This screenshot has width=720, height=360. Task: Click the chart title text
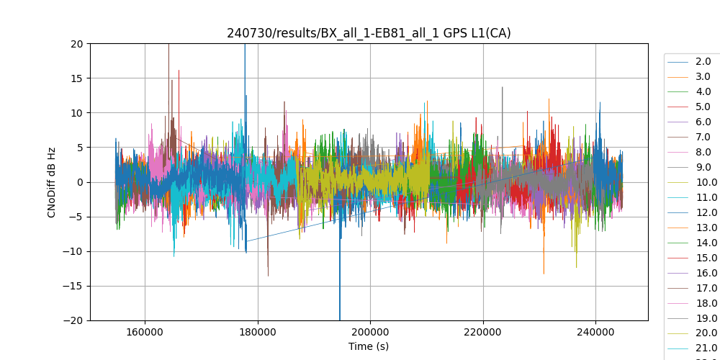(369, 33)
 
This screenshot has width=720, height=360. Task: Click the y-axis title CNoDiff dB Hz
(52, 182)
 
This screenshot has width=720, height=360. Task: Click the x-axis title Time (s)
(369, 346)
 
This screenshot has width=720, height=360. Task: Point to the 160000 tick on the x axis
(145, 332)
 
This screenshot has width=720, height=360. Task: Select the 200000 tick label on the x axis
(370, 332)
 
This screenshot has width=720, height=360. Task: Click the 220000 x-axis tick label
(483, 332)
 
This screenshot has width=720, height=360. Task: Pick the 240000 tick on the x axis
(595, 332)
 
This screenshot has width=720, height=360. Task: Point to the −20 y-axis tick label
(75, 320)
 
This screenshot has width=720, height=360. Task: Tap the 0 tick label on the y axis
(81, 182)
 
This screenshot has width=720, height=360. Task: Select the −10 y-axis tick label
(75, 251)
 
